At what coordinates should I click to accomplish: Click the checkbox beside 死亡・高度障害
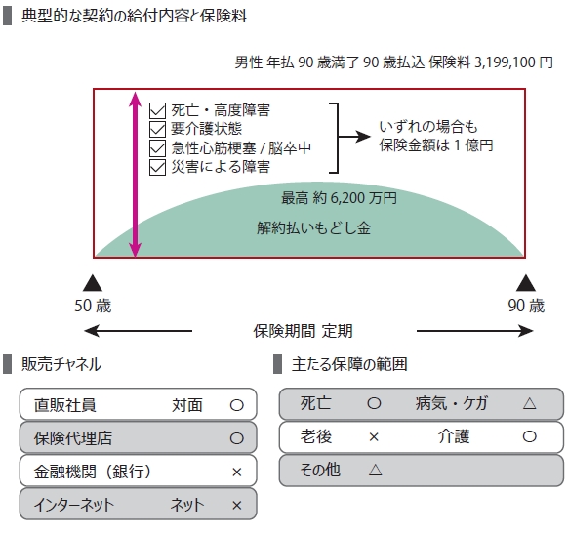[157, 110]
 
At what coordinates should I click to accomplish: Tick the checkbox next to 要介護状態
[157, 130]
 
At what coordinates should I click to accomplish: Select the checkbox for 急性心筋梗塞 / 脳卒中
[157, 148]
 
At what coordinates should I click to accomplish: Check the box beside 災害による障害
[157, 168]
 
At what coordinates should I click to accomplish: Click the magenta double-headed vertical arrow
[135, 175]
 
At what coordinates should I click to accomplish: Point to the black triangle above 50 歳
[93, 283]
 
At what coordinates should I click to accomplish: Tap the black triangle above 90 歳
[526, 283]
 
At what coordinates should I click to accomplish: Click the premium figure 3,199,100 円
[513, 62]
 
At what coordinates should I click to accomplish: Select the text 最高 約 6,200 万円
[339, 198]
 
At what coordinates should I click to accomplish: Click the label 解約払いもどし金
[313, 228]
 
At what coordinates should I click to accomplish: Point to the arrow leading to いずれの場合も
[354, 137]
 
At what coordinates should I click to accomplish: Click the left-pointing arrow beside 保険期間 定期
[138, 331]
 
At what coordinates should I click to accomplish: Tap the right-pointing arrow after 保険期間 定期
[475, 331]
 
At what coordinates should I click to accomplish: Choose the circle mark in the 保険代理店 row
[236, 438]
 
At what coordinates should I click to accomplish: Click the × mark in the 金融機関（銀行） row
[236, 473]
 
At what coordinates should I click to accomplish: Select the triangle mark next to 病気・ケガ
[529, 403]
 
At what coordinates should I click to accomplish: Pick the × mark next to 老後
[374, 437]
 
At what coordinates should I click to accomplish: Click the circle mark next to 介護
[529, 436]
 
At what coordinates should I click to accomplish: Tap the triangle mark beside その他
[375, 471]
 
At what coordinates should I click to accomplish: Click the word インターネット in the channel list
[73, 505]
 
